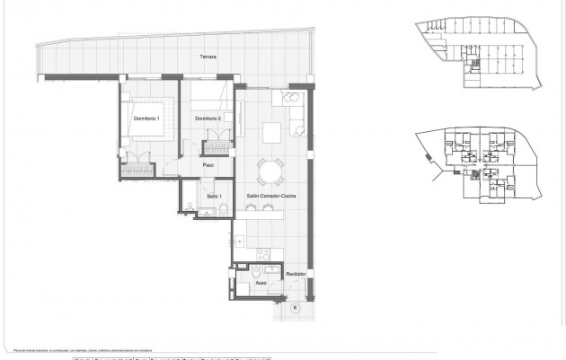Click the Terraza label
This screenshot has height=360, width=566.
(208, 57)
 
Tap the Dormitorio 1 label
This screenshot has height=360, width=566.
(146, 119)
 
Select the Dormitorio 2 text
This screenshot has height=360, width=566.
(208, 119)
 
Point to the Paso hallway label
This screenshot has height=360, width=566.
(208, 165)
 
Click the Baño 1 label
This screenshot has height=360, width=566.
(214, 195)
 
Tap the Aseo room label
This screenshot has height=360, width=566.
(261, 282)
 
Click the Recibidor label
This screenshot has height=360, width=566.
(296, 273)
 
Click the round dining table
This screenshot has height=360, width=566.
(270, 170)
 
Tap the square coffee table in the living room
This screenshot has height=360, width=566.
(273, 132)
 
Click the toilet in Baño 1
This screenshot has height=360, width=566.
(194, 210)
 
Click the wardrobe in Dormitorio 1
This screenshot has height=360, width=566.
(137, 166)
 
